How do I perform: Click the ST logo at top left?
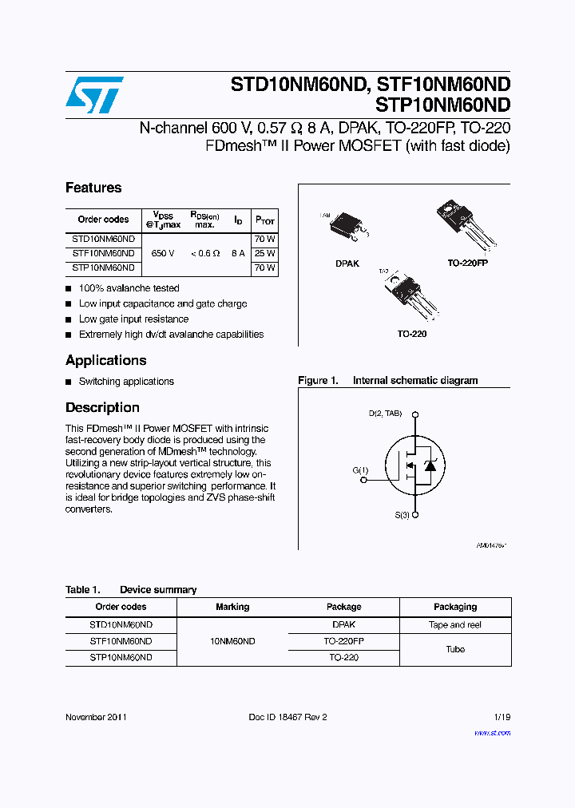click(x=94, y=94)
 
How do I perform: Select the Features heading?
click(x=93, y=188)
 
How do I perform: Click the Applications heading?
click(x=105, y=360)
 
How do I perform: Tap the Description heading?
click(x=102, y=407)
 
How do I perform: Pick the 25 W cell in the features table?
click(x=264, y=253)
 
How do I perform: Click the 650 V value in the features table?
click(x=162, y=253)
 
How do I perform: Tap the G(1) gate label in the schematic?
click(x=360, y=470)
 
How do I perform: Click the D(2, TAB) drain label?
click(x=385, y=414)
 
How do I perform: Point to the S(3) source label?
click(x=402, y=515)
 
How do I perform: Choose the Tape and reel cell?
click(x=455, y=625)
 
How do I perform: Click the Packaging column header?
click(x=455, y=607)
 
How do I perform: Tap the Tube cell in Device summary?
click(x=455, y=649)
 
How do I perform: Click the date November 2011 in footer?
click(x=96, y=717)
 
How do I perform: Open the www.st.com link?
click(x=492, y=732)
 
